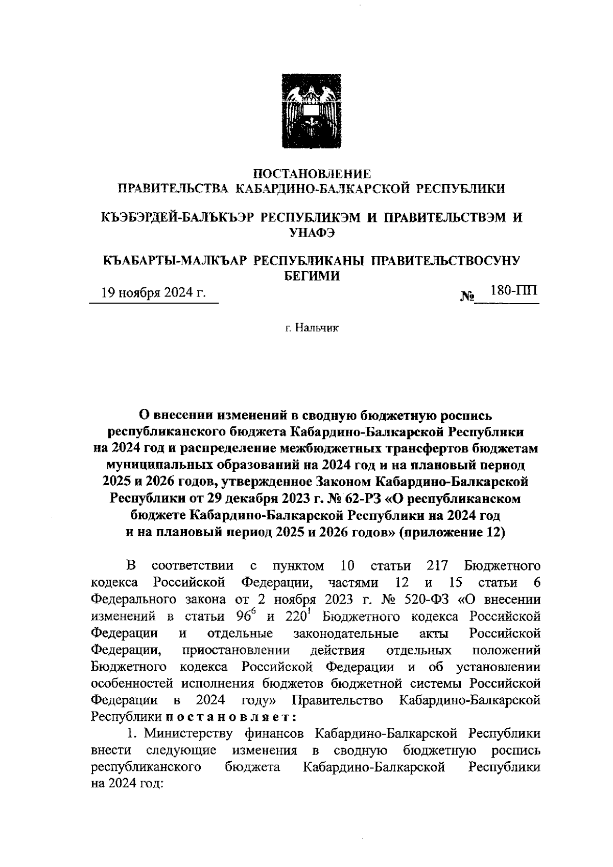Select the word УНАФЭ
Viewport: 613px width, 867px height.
312,233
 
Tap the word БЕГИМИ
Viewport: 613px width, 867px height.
312,276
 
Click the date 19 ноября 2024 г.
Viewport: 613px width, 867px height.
154,293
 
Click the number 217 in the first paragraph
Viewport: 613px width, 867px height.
437,566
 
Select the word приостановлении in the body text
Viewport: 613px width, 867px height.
235,650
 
